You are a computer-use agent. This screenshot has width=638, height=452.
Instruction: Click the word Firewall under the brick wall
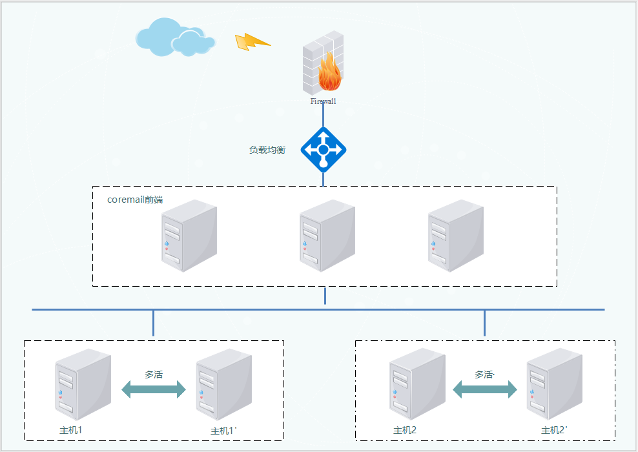(323, 101)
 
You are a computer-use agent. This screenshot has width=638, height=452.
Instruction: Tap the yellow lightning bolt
(252, 42)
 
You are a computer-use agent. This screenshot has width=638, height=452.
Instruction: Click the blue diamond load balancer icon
(324, 150)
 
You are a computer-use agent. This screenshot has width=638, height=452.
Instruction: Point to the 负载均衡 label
(267, 150)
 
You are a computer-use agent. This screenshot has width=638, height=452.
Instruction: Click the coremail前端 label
(135, 200)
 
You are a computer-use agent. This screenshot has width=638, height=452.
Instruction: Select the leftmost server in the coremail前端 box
(189, 236)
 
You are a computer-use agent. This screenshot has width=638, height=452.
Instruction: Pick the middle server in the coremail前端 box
(327, 236)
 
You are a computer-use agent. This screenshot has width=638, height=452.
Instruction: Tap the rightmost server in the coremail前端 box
(456, 236)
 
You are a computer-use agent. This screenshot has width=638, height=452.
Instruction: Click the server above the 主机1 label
(83, 385)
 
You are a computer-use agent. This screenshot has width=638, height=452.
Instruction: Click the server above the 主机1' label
(223, 385)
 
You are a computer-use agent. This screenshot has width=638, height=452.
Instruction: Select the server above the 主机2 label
(417, 385)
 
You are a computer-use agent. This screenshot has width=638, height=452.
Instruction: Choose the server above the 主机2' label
(554, 385)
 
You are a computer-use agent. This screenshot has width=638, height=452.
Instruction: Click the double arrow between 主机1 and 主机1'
(154, 389)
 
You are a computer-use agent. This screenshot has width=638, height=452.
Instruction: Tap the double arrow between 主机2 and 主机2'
(485, 389)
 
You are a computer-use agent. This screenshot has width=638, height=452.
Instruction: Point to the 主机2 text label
(405, 431)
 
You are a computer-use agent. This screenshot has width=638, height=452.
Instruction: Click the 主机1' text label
(224, 431)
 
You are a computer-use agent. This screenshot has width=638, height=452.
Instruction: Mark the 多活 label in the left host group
(154, 375)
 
